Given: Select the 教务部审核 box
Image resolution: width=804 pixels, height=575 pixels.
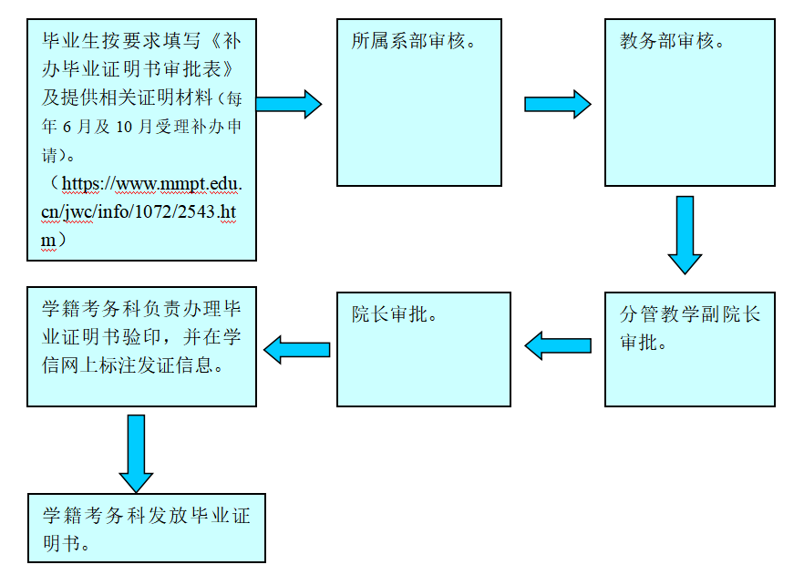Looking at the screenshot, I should pos(689,102).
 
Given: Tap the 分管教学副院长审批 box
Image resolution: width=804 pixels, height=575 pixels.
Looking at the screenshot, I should pos(689,348).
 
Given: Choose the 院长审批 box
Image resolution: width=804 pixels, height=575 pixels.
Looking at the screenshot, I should pos(423,348).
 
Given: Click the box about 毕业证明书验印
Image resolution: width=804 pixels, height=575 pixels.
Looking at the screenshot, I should pos(141,346).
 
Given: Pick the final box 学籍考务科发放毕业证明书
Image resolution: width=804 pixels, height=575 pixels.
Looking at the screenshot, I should pos(146,528).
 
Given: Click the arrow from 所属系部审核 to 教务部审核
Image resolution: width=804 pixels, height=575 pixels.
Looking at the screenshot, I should pos(557,104).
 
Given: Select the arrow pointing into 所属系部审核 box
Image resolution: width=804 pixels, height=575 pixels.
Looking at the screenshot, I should pos(288,104).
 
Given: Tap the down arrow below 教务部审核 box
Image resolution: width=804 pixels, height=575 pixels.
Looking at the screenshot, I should pos(685,234).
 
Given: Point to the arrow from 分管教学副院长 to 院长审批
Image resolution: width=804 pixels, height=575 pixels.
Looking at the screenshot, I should pos(559,345).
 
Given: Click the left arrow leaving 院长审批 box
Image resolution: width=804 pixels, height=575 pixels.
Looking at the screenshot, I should pos(297,349).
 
